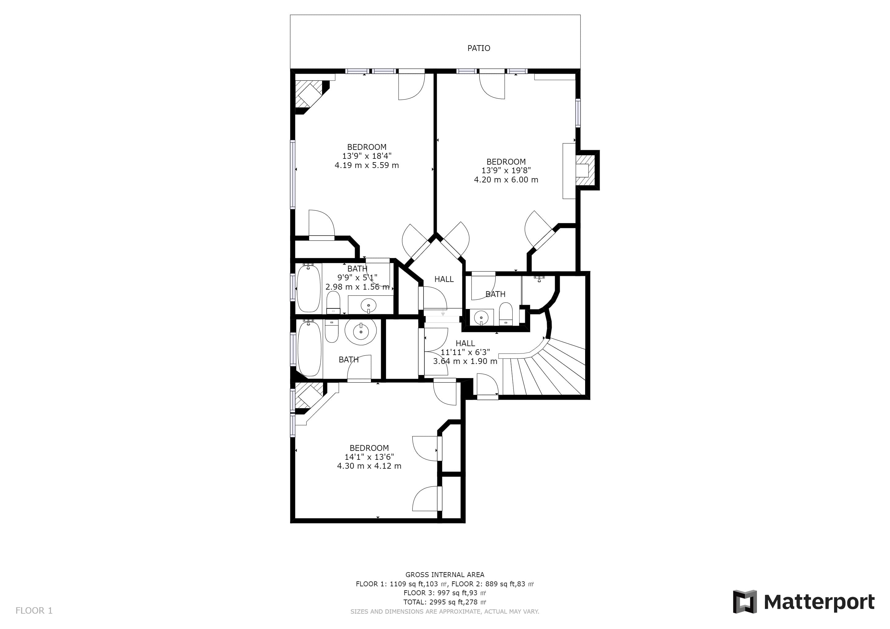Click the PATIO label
(x=479, y=48)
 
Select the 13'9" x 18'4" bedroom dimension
(x=367, y=156)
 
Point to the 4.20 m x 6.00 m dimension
(x=506, y=180)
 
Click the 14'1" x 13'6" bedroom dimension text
(x=369, y=457)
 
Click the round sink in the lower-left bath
(x=361, y=331)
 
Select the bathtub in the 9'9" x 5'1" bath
(x=309, y=288)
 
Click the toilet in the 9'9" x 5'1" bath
(x=333, y=303)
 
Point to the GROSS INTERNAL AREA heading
(x=445, y=575)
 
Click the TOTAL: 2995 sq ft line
(x=445, y=602)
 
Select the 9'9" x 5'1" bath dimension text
(x=357, y=278)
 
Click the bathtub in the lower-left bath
(x=309, y=348)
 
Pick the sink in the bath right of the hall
(x=481, y=318)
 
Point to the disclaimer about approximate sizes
(x=445, y=611)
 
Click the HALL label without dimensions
(x=444, y=279)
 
